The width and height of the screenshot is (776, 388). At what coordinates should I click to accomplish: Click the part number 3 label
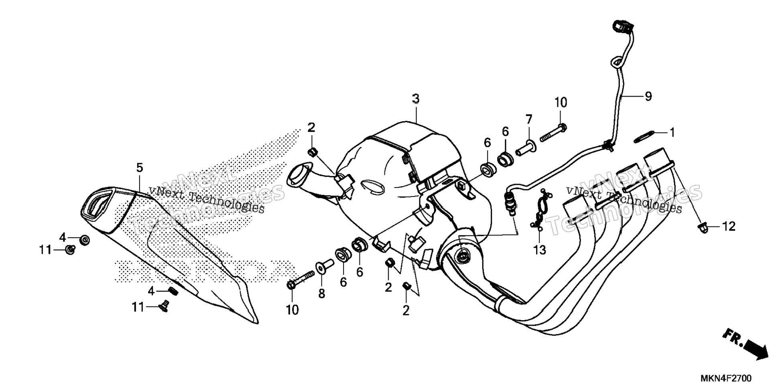click(x=416, y=98)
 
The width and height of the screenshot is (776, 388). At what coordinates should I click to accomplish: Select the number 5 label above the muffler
click(x=139, y=167)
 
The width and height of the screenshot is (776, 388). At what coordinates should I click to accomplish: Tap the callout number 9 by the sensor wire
click(x=648, y=96)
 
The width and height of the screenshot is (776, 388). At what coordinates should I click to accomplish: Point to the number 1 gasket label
click(x=672, y=132)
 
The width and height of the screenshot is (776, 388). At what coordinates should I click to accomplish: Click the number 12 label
click(x=729, y=227)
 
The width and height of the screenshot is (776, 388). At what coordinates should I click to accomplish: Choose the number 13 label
click(x=540, y=250)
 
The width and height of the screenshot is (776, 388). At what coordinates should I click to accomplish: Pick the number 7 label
click(x=528, y=119)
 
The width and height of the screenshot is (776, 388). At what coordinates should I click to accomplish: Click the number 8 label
click(x=321, y=294)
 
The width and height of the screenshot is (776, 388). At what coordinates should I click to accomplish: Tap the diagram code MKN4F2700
click(x=726, y=379)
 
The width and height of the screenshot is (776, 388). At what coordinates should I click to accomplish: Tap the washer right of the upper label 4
click(x=85, y=240)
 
